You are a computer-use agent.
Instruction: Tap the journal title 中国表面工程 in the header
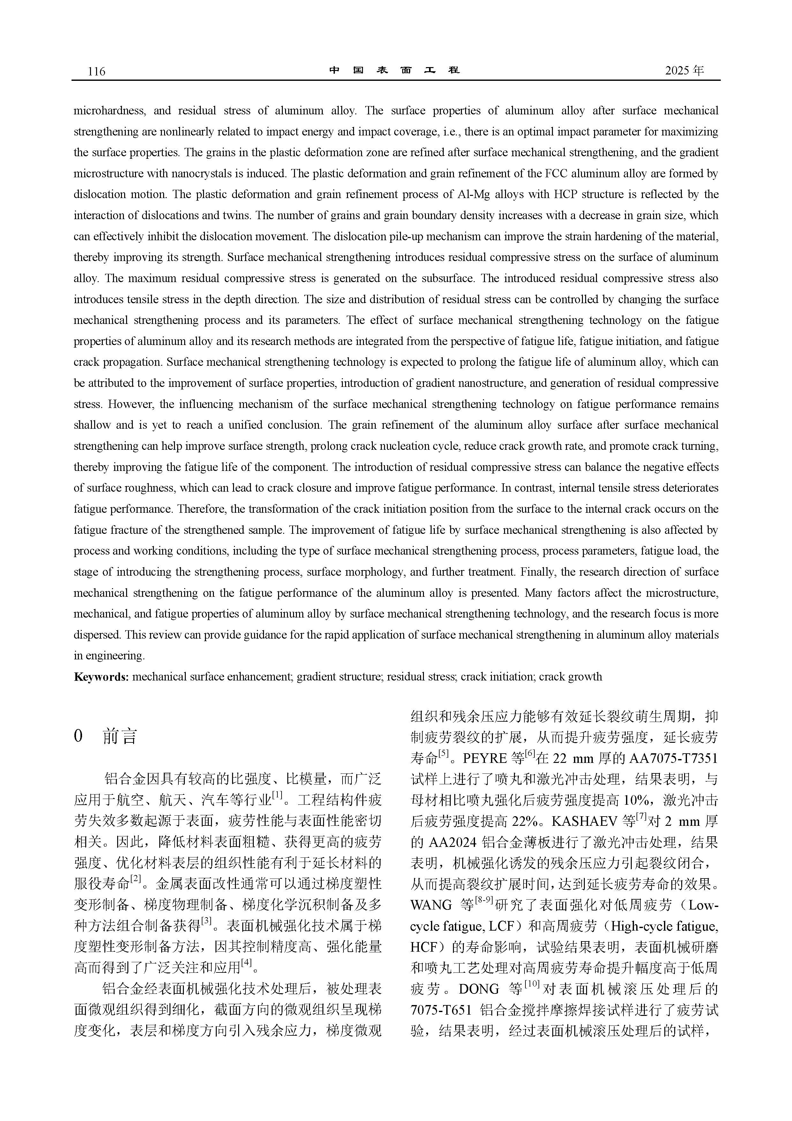pos(394,70)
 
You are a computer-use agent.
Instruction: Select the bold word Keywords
pos(101,677)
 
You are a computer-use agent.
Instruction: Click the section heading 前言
pos(120,736)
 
